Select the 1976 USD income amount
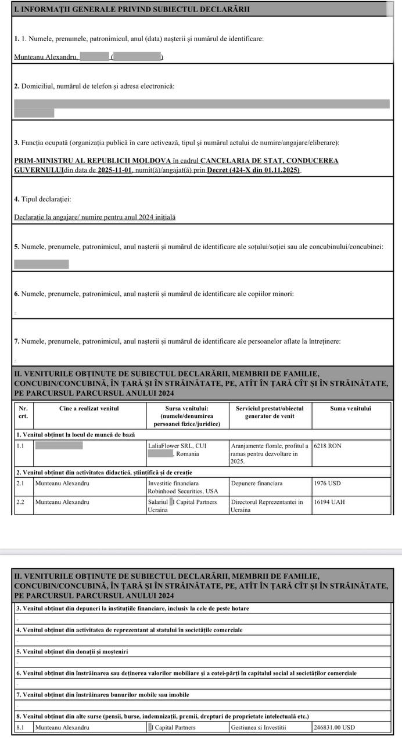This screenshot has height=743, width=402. pyautogui.click(x=326, y=483)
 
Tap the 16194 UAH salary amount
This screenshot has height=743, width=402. pyautogui.click(x=329, y=502)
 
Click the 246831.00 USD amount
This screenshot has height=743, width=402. pyautogui.click(x=334, y=727)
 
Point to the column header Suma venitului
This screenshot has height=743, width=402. pyautogui.click(x=350, y=408)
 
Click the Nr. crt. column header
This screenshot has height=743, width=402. pyautogui.click(x=23, y=412)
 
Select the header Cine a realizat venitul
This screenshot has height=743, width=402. pyautogui.click(x=89, y=408)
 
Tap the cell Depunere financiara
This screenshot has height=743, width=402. pyautogui.click(x=257, y=483)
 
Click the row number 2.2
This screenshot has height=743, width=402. pyautogui.click(x=20, y=502)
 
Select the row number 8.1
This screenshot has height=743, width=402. pyautogui.click(x=20, y=727)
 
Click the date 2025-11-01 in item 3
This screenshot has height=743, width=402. pyautogui.click(x=115, y=169)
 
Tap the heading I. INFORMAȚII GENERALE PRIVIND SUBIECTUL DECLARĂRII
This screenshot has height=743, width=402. pyautogui.click(x=132, y=9)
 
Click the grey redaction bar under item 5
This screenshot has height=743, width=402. pyautogui.click(x=41, y=264)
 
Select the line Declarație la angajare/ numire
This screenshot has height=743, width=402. pyautogui.click(x=95, y=217)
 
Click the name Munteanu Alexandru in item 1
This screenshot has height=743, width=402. pyautogui.click(x=45, y=57)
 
